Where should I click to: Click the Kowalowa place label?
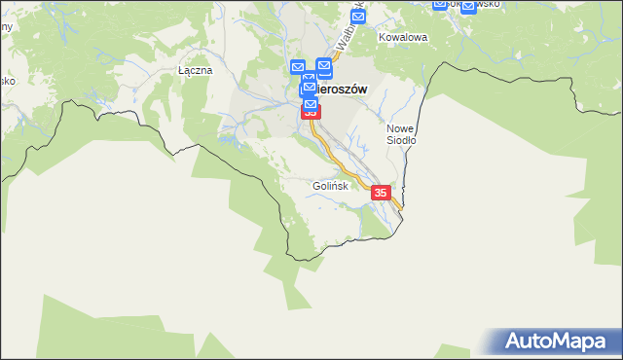coord(403,38)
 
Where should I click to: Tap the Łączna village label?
coord(195,71)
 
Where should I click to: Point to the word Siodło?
coord(401,140)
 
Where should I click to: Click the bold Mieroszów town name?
coord(341,89)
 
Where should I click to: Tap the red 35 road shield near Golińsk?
coord(381,194)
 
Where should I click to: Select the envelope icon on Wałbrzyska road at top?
coord(357,18)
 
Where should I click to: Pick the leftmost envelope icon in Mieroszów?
coord(297,68)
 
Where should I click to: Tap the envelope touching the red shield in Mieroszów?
coord(311,102)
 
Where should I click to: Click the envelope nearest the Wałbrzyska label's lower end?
coord(325,67)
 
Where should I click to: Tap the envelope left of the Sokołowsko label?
coord(439,4)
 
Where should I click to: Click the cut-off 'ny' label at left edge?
coord(6,26)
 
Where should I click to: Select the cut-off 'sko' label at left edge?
coord(7,81)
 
